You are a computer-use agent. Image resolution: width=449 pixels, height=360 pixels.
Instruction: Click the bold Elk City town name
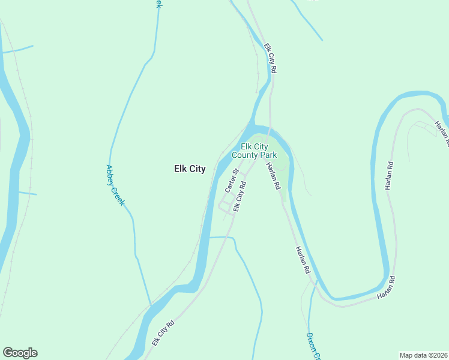coord(190,169)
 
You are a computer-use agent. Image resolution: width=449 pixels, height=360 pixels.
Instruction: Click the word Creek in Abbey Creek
coord(118,196)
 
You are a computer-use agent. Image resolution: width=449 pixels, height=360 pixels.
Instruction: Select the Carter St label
coord(232,180)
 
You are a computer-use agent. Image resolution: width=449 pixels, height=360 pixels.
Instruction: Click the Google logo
coord(20,353)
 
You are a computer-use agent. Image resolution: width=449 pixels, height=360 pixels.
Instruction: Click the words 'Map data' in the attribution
coord(413,355)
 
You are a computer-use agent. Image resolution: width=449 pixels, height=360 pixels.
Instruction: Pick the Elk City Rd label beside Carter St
coord(240,197)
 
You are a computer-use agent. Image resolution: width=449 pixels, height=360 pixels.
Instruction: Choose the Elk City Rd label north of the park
coord(271,58)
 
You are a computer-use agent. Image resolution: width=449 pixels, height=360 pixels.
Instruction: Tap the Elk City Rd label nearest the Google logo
coord(163,333)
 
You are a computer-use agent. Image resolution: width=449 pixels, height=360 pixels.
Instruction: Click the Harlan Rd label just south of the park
coord(273,176)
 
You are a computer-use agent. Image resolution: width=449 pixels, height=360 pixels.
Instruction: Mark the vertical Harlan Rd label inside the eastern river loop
coord(389,176)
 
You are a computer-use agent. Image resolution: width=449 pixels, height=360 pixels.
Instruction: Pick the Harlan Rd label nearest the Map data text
coord(387,288)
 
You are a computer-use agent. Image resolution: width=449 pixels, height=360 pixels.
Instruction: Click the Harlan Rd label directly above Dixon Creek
coord(302,262)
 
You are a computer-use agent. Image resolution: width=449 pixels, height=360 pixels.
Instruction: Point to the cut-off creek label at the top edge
coord(158,4)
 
